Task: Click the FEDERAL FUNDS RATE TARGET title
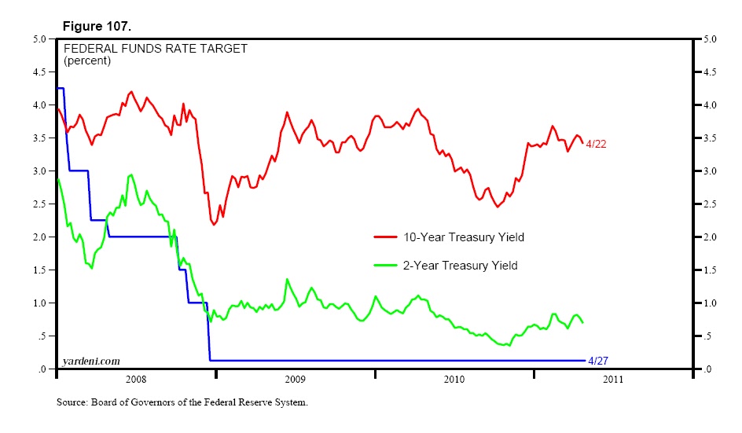pyautogui.click(x=156, y=49)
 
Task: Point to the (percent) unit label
pyautogui.click(x=87, y=61)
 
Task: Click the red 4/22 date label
pyautogui.click(x=597, y=144)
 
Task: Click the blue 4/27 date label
pyautogui.click(x=598, y=360)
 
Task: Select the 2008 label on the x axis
pyautogui.click(x=135, y=380)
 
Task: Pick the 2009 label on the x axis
pyautogui.click(x=295, y=380)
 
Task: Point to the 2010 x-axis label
pyautogui.click(x=454, y=380)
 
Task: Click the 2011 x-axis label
pyautogui.click(x=613, y=380)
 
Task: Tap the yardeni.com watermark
pyautogui.click(x=91, y=361)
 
